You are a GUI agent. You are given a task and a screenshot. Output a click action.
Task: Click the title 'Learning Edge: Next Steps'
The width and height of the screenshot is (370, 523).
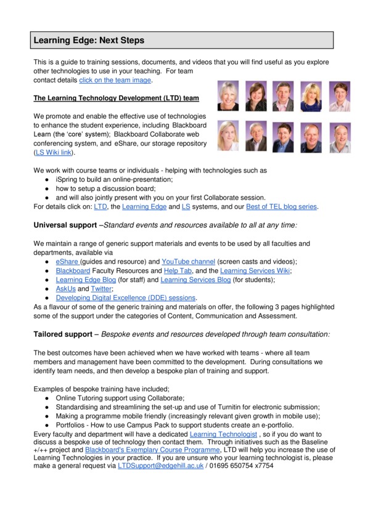coord(89,41)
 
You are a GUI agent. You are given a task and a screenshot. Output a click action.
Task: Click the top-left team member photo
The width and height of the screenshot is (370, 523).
coord(228,96)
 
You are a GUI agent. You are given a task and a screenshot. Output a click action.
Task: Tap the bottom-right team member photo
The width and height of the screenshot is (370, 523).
coord(339,136)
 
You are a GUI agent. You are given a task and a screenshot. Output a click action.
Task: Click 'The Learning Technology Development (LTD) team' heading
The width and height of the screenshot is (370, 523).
coord(116,98)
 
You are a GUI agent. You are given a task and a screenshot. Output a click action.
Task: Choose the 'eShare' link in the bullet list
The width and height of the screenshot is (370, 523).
coord(68,262)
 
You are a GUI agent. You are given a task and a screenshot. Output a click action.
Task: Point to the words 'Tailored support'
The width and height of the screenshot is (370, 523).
coord(65,333)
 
